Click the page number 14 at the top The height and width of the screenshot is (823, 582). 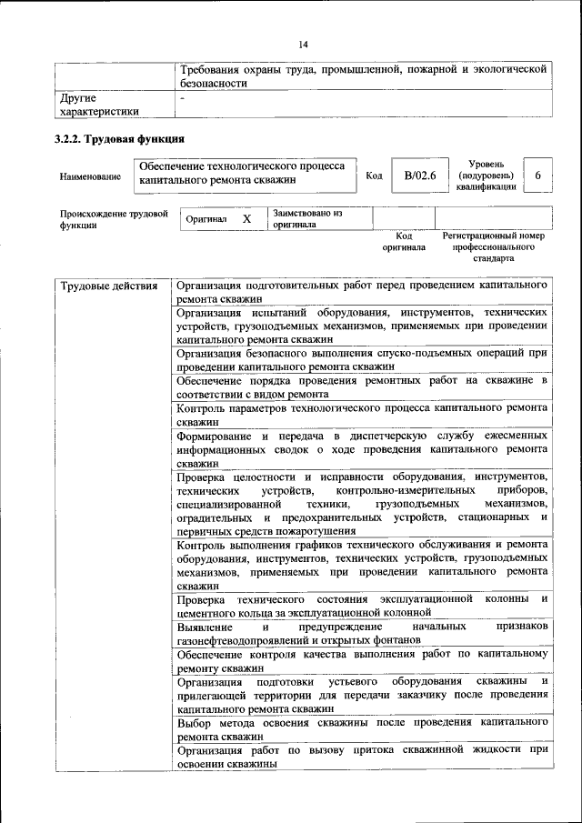point(303,44)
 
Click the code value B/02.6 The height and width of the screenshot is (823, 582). point(420,175)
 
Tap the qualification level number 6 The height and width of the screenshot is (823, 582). point(538,175)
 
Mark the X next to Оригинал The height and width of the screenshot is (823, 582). point(246,219)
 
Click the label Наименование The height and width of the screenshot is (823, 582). point(90,176)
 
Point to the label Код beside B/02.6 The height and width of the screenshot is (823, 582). point(373,176)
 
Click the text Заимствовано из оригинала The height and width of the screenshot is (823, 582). point(306,218)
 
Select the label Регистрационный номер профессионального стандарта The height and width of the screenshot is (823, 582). point(493,246)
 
